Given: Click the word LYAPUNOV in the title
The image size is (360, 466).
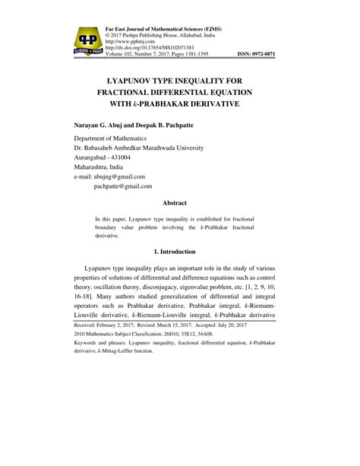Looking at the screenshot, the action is (x=135, y=77).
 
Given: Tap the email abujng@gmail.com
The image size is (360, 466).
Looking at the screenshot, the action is (x=134, y=176).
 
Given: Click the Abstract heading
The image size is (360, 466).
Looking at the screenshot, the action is (x=179, y=202).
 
